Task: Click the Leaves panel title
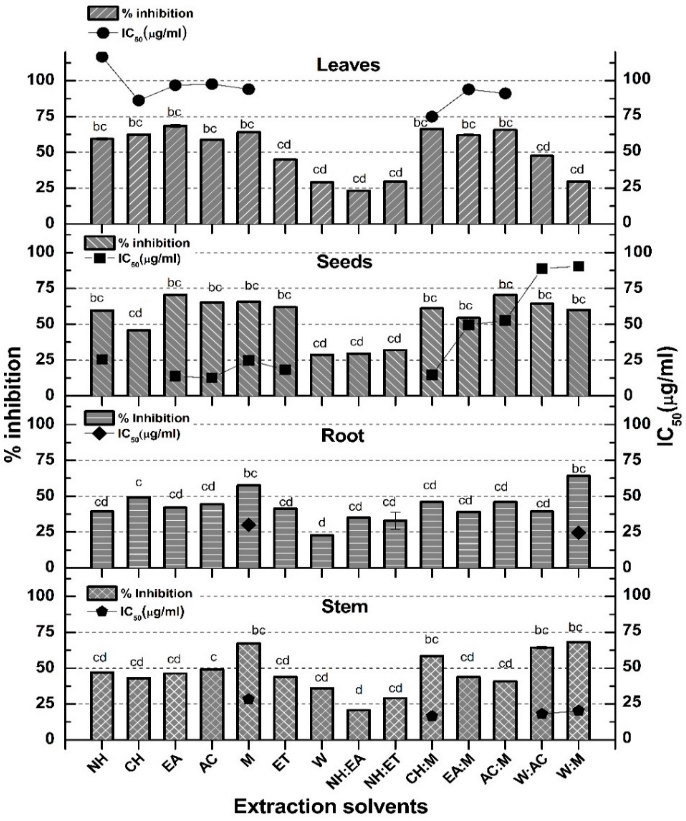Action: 348,65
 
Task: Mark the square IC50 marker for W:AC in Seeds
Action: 542,269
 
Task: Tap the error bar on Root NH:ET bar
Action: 395,520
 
